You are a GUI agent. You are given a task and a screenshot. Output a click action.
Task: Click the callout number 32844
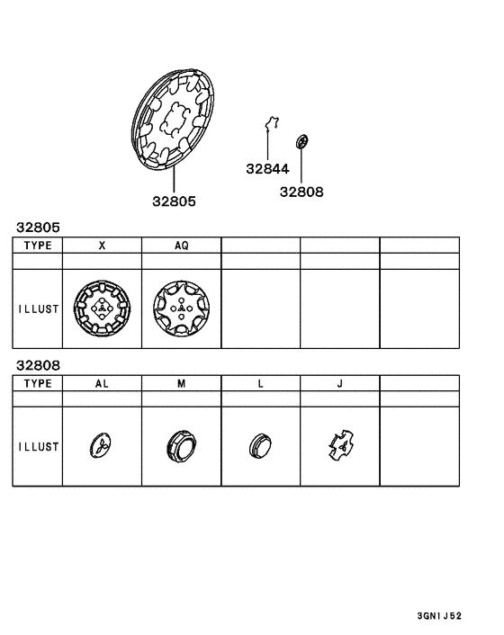coord(267,168)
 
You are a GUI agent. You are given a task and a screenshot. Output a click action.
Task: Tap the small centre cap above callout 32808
coord(301,142)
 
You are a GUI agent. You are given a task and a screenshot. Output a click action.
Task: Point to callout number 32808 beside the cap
coord(301,192)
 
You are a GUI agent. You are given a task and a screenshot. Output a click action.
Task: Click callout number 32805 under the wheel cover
coord(173,201)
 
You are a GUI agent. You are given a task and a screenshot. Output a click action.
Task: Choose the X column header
coord(102,245)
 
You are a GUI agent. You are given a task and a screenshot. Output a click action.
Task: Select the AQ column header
coord(181,245)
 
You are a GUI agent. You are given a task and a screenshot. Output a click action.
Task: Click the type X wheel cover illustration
coord(102,309)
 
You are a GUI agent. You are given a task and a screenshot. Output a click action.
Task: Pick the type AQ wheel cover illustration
coord(181,309)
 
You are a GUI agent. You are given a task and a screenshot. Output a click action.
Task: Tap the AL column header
coord(102,383)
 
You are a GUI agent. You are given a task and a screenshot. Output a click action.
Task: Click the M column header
coord(181,383)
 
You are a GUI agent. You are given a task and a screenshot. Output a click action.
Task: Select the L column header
coord(260,383)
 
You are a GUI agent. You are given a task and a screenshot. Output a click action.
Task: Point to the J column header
coord(339,383)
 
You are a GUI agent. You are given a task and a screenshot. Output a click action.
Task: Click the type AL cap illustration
coord(102,446)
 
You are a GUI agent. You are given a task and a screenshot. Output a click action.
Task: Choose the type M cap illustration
coord(181,446)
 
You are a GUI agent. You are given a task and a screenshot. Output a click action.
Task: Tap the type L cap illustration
coord(259,446)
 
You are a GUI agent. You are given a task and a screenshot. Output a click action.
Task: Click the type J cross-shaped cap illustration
coord(339,445)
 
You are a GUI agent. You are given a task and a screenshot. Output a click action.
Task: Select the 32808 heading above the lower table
coord(33,366)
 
